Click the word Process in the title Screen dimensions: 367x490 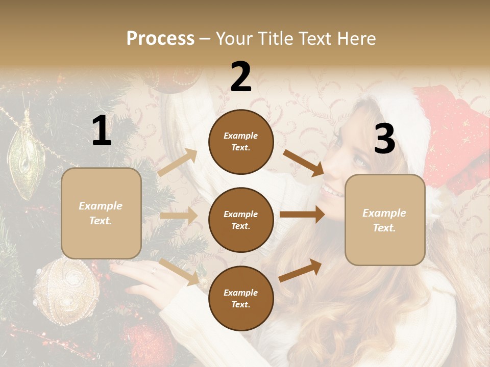(160, 38)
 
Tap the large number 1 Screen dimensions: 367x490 (102, 131)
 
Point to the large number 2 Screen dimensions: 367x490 (241, 76)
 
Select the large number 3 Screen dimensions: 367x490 (384, 139)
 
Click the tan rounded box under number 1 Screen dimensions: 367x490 (101, 213)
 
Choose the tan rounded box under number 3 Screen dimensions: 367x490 (385, 220)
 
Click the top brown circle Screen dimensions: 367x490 (241, 142)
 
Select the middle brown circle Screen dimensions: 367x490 (241, 220)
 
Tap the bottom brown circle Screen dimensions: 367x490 (241, 298)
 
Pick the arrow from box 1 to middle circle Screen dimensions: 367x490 (179, 216)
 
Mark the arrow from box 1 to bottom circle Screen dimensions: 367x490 (179, 272)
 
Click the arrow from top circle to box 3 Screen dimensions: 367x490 (304, 163)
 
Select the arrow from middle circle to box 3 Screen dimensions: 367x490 (302, 215)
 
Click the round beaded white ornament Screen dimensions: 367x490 (66, 291)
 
